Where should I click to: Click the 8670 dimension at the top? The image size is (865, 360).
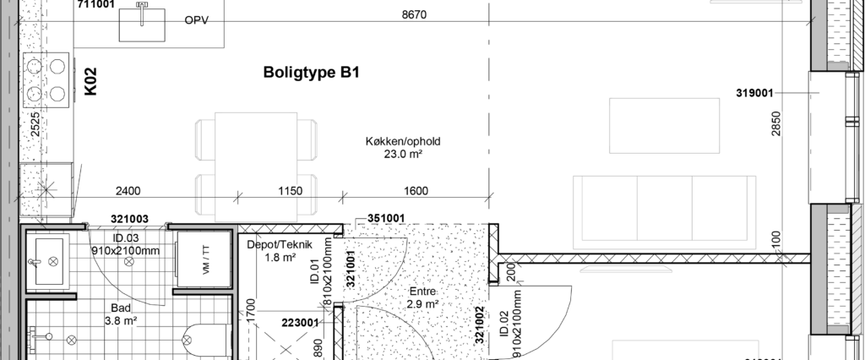pos(414,14)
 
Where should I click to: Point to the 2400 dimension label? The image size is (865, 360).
pos(128,191)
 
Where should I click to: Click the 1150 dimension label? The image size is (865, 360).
pos(290,191)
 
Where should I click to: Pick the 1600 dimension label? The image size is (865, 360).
pos(416,191)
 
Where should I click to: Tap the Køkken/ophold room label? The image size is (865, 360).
pos(403,141)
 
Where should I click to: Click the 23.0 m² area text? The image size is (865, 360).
pos(403,155)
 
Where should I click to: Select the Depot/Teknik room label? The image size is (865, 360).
pos(280,245)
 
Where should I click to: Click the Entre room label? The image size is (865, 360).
pos(422,291)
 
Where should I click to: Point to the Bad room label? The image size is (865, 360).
pos(121,308)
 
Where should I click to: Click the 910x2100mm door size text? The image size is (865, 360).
pos(125,251)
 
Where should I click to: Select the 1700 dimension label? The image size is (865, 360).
pos(250,311)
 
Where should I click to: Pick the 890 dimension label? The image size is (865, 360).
pos(318,349)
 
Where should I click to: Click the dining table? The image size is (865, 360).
pos(256,166)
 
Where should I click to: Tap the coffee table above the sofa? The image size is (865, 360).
pos(664,125)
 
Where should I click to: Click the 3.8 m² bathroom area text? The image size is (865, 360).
pos(121,321)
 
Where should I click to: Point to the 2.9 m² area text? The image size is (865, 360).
pos(422,304)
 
